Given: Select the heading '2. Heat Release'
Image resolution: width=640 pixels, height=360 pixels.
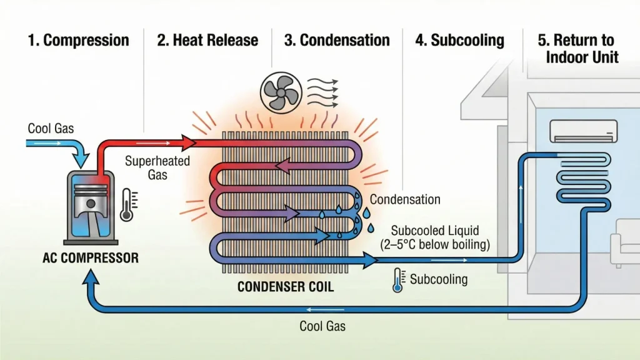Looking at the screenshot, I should pyautogui.click(x=207, y=41).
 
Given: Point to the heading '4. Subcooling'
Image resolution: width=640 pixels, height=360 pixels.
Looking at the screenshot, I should pyautogui.click(x=459, y=41).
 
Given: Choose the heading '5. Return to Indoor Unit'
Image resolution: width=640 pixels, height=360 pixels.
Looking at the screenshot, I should pyautogui.click(x=578, y=49).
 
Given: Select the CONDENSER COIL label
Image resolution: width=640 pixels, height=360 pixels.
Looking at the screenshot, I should pyautogui.click(x=285, y=287).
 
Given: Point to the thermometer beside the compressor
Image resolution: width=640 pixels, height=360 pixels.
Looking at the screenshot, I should pyautogui.click(x=127, y=204).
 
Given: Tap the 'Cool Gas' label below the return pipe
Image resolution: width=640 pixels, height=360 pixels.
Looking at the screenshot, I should pyautogui.click(x=322, y=326).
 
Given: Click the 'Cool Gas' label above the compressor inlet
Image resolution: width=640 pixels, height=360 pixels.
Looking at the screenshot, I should pyautogui.click(x=51, y=129).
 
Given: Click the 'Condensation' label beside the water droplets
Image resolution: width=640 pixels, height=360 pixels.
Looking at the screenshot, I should pyautogui.click(x=405, y=200).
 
